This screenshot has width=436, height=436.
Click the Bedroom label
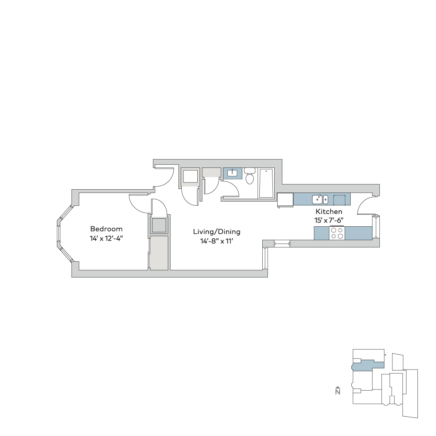tap(106, 229)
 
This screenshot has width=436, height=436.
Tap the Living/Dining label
tap(217, 232)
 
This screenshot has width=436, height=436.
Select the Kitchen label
tap(329, 211)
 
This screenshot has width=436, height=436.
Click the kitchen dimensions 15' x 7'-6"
tap(329, 221)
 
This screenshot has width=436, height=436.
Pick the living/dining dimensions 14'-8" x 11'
tap(217, 241)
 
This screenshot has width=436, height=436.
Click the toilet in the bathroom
tap(250, 176)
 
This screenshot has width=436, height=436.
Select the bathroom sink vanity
tap(233, 174)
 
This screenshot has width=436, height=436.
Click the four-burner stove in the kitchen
tap(337, 234)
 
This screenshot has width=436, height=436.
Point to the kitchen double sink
tap(320, 199)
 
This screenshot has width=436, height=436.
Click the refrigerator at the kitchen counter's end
tap(285, 199)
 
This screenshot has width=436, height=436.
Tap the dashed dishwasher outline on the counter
tap(339, 200)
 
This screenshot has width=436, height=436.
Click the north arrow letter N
tap(338, 392)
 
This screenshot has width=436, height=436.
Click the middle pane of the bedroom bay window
tap(58, 233)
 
